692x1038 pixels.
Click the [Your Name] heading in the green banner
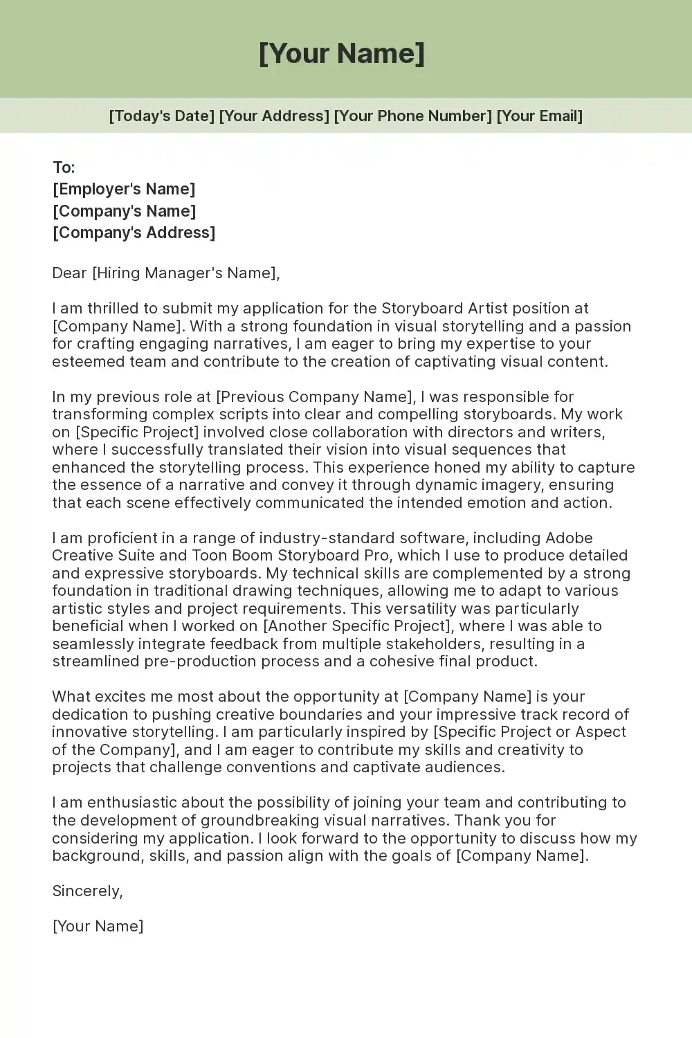(x=341, y=53)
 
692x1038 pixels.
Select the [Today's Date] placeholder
(x=161, y=116)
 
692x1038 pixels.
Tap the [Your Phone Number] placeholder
(x=412, y=116)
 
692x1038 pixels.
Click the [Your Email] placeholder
(x=539, y=116)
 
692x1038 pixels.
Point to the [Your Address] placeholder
(x=274, y=116)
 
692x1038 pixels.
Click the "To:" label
(x=64, y=167)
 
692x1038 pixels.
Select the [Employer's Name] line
(x=124, y=189)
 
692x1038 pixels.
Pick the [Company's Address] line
(x=134, y=233)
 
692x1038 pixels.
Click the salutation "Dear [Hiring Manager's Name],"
(x=166, y=273)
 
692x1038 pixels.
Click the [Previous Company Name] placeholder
(x=316, y=397)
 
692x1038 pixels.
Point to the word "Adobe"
(x=569, y=538)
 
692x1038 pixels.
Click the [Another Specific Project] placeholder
(x=357, y=626)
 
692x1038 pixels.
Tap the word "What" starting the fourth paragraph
(x=71, y=697)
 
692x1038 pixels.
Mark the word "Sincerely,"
(x=87, y=891)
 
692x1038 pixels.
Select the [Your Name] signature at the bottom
(x=98, y=927)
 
